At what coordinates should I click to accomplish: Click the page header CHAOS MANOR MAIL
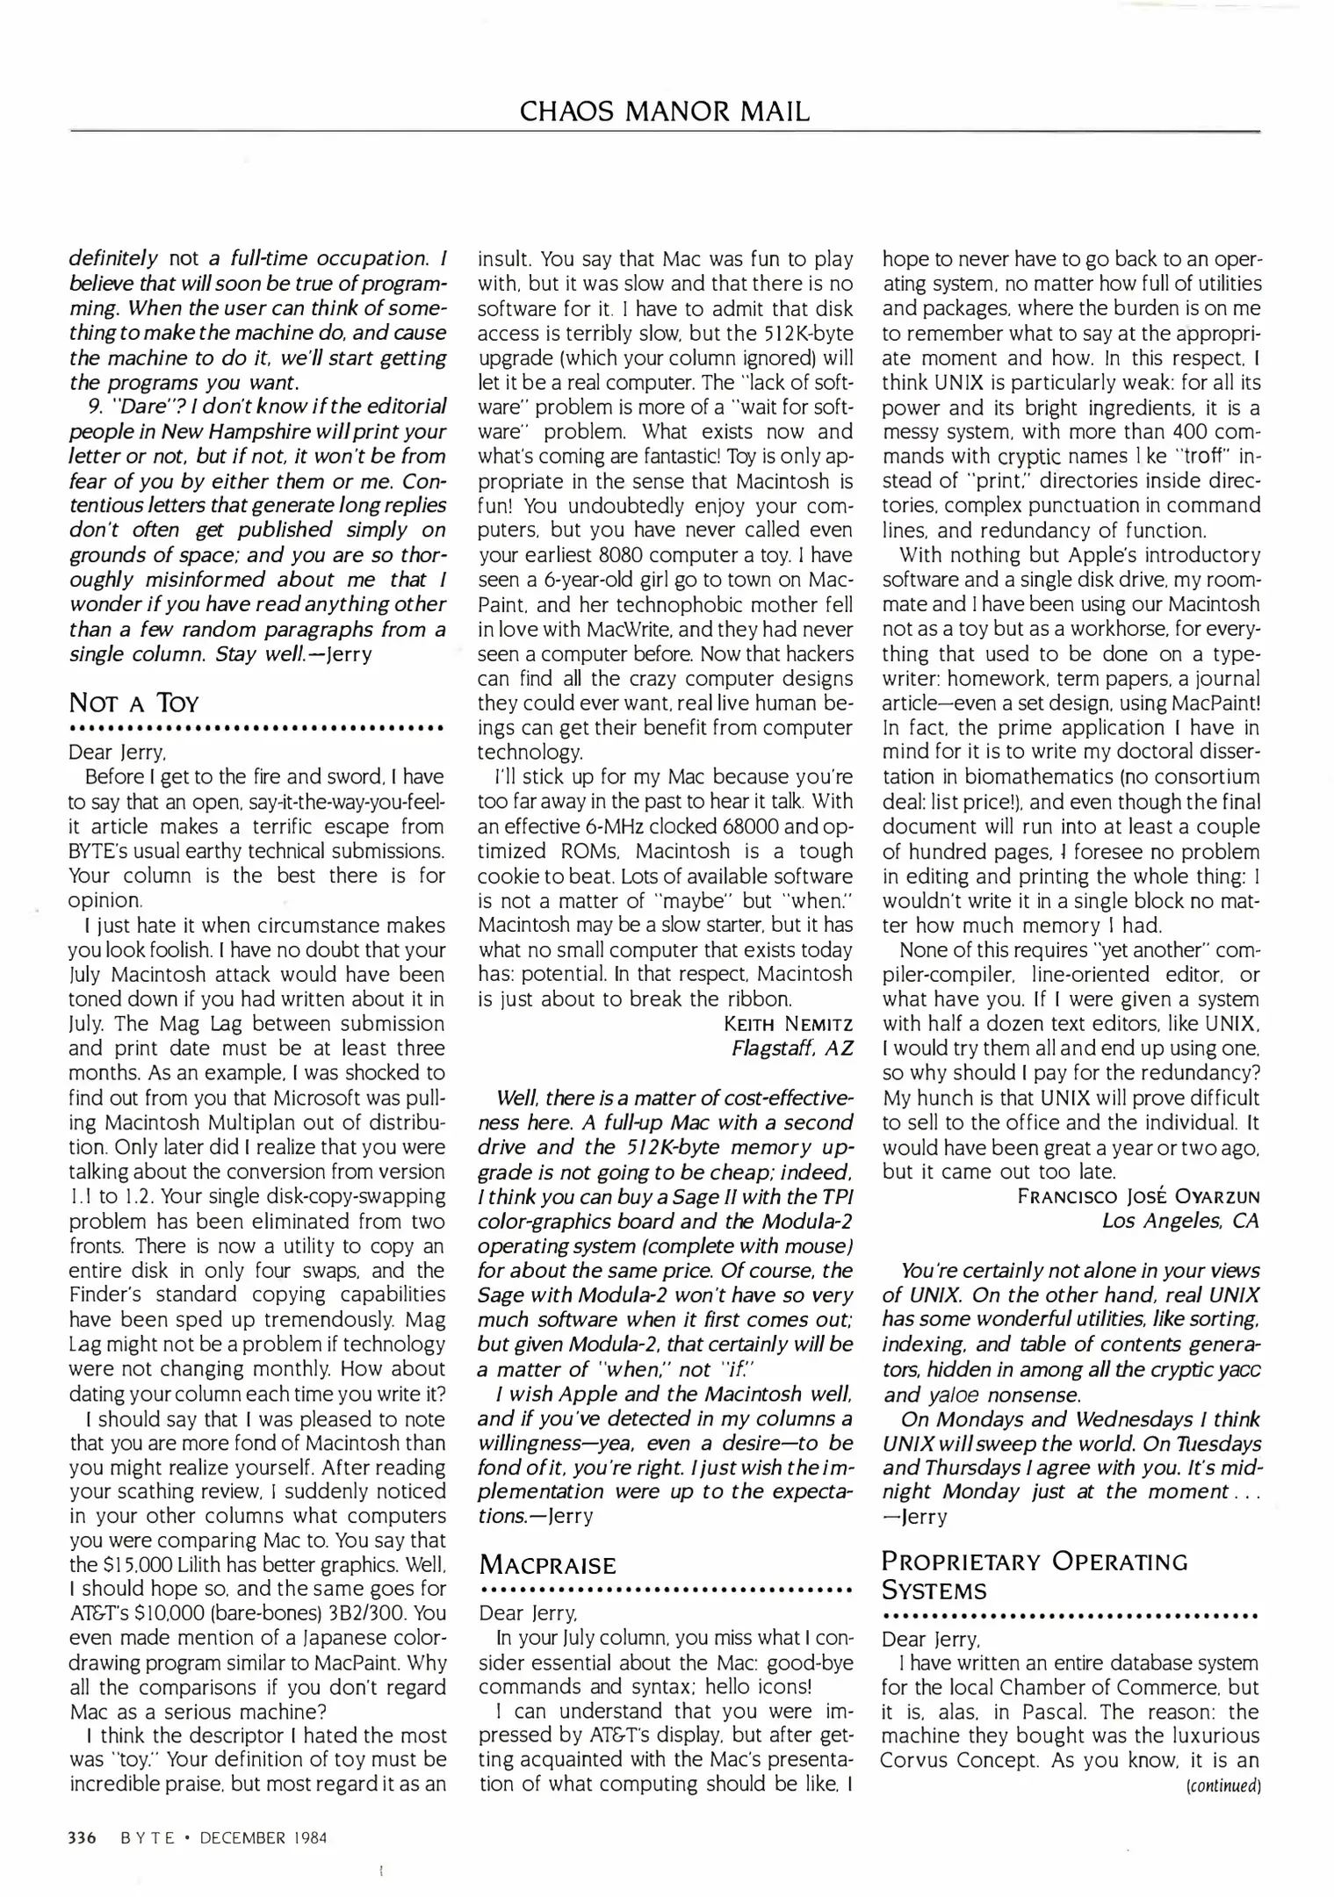[665, 112]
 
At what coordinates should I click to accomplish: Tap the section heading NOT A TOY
[134, 703]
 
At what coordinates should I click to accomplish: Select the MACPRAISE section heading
[548, 1565]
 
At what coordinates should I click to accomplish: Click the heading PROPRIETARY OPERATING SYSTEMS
[1035, 1576]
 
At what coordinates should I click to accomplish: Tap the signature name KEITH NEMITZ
[788, 1024]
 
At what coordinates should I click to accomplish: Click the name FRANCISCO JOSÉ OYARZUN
[1139, 1197]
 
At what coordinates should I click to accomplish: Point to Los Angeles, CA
[1180, 1221]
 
